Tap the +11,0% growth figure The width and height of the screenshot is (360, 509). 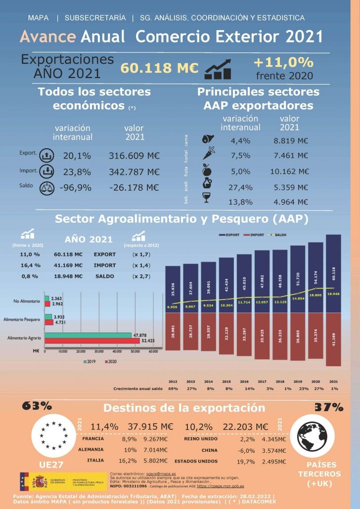[283, 62]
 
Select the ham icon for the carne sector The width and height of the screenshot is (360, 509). [208, 139]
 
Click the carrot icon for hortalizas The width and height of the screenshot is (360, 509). [208, 154]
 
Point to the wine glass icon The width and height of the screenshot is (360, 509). [208, 198]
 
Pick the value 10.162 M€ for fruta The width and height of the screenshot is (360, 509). [291, 171]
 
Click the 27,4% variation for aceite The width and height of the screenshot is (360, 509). [241, 187]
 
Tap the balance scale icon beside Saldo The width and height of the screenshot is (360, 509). [46, 188]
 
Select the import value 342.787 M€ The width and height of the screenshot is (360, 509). [134, 172]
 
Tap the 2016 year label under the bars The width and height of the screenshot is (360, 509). [244, 382]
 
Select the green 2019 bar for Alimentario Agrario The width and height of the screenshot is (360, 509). [88, 335]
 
